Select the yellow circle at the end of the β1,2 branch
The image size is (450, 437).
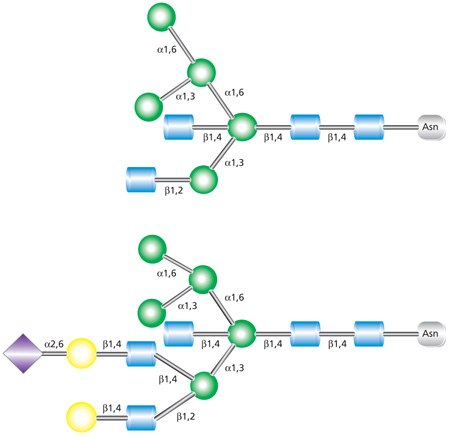(x=81, y=412)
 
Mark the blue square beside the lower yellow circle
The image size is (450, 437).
(x=140, y=412)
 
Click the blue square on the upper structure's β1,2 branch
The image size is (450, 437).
(x=143, y=180)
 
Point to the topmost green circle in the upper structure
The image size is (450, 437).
(x=161, y=17)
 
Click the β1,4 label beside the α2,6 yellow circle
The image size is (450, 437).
(x=110, y=343)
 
